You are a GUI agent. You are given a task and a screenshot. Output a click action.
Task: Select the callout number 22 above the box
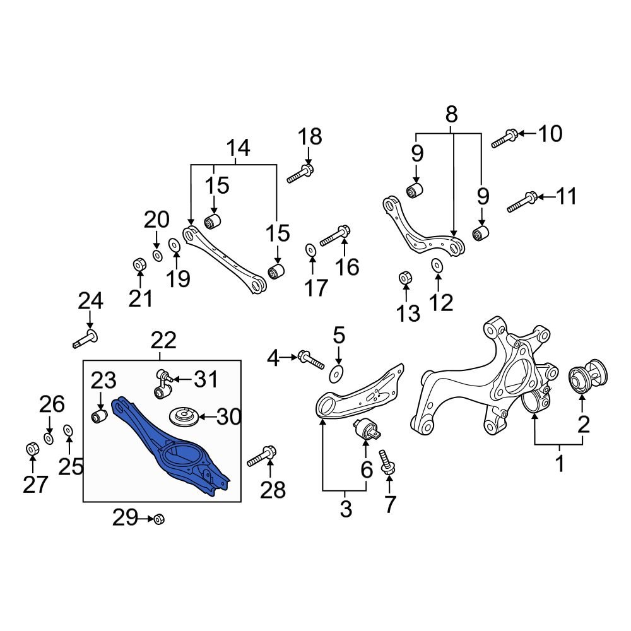[163, 341]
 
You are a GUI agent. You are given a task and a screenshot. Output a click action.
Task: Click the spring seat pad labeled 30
[184, 416]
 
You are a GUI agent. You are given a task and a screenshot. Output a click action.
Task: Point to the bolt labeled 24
[86, 337]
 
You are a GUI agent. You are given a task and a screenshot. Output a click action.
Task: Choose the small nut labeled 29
[159, 519]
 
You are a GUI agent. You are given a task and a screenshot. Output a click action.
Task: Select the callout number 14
[239, 148]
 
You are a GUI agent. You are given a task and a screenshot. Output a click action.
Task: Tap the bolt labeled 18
[300, 173]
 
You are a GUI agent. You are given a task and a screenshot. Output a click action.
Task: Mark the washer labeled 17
[310, 251]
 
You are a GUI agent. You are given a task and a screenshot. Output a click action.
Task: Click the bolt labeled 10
[505, 137]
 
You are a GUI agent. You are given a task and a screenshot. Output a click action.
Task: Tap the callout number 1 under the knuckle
[559, 465]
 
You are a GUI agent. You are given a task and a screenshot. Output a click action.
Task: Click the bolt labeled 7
[387, 464]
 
